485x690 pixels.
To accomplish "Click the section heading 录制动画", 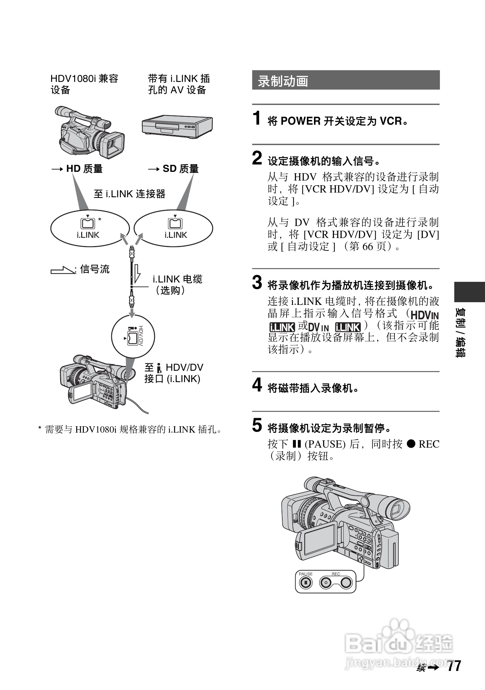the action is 283,81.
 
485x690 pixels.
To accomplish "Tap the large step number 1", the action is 257,118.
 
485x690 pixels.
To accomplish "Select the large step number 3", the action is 257,282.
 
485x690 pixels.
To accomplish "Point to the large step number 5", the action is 257,426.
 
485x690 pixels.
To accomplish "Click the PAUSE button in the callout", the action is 305,583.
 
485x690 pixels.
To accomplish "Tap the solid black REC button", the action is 346,583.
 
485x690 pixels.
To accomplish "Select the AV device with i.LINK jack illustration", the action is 177,126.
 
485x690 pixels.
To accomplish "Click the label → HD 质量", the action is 77,169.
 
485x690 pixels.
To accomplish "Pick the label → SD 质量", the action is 173,169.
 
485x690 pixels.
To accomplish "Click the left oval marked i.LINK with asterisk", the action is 90,229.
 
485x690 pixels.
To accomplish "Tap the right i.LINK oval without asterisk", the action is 173,229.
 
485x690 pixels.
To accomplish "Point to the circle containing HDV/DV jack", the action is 133,336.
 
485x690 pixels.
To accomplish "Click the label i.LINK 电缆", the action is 177,279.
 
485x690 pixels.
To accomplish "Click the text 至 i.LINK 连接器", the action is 130,194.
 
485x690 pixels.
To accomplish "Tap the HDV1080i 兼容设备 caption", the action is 84,84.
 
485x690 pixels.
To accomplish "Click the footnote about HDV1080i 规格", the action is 130,429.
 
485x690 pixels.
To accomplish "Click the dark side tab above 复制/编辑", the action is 469,292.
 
